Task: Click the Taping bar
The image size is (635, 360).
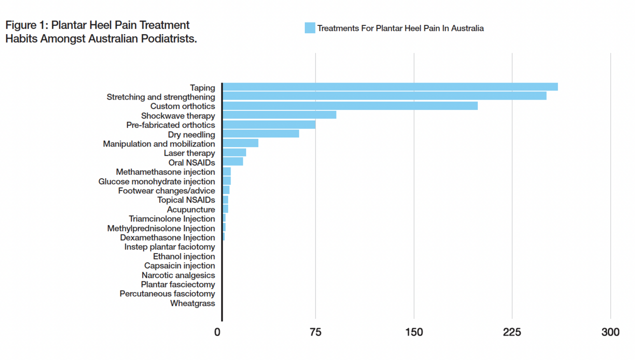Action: pyautogui.click(x=390, y=87)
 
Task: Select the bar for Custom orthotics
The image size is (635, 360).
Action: pyautogui.click(x=350, y=106)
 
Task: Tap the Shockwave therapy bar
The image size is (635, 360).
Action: pyautogui.click(x=279, y=115)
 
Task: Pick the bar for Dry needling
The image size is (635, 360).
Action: pyautogui.click(x=260, y=134)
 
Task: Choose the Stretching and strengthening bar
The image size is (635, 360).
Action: pyautogui.click(x=384, y=96)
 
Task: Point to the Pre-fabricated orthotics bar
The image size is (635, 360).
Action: pyautogui.click(x=269, y=125)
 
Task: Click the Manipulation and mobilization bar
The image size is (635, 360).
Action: pyautogui.click(x=240, y=143)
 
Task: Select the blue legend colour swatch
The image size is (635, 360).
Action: pyautogui.click(x=310, y=28)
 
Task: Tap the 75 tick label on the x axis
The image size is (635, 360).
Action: pyautogui.click(x=316, y=333)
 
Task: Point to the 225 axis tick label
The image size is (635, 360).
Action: pyautogui.click(x=512, y=333)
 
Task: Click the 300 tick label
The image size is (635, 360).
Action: pyautogui.click(x=610, y=333)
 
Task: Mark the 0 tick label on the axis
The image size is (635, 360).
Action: pyautogui.click(x=217, y=333)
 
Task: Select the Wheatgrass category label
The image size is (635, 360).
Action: pyautogui.click(x=192, y=303)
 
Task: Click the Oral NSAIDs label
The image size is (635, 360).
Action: pyautogui.click(x=191, y=163)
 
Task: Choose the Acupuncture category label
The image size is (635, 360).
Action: pyautogui.click(x=190, y=210)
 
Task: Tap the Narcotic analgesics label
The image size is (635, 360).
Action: pyautogui.click(x=178, y=275)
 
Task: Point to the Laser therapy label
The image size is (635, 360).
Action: pyautogui.click(x=189, y=153)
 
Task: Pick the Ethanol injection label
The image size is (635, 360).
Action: pyautogui.click(x=184, y=256)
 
